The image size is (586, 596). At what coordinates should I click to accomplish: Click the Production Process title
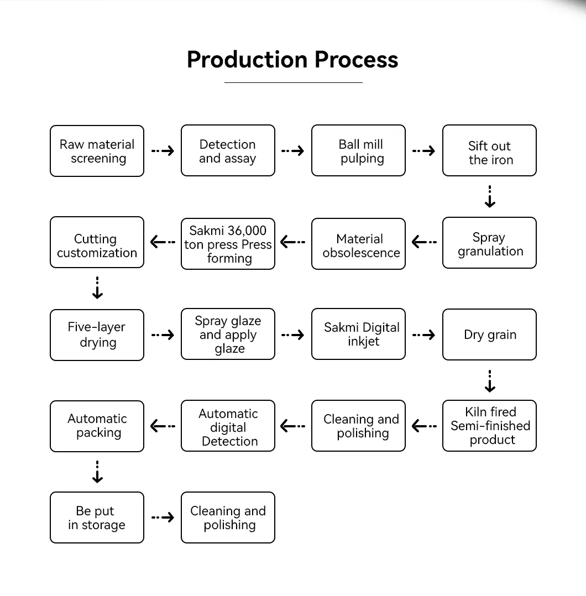(x=292, y=60)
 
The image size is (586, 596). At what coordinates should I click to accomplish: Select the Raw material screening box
(x=97, y=151)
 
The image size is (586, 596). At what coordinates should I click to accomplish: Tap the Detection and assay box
(x=228, y=151)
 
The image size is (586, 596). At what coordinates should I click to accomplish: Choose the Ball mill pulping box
(x=358, y=151)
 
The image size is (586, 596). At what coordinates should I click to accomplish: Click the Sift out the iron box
(x=489, y=151)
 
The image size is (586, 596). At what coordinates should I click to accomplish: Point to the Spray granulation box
(x=489, y=243)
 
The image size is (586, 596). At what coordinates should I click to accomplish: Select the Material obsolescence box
(x=358, y=244)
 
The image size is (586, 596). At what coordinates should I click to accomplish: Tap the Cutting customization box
(x=97, y=243)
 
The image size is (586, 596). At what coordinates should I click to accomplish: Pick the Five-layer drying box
(x=97, y=335)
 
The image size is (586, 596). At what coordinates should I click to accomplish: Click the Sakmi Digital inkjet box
(x=358, y=334)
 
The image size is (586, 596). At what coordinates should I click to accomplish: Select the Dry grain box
(x=489, y=334)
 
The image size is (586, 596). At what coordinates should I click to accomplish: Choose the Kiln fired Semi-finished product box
(x=489, y=426)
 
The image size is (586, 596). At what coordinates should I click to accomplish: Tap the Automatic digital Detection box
(x=228, y=426)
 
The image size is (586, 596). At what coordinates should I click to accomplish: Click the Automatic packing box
(x=97, y=426)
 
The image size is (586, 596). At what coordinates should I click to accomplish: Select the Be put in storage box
(x=97, y=517)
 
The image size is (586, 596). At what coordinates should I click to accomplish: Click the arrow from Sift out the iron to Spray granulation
(x=490, y=197)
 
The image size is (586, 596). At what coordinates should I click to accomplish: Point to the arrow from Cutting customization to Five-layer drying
(x=97, y=288)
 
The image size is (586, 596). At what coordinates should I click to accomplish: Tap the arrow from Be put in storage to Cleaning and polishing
(x=163, y=517)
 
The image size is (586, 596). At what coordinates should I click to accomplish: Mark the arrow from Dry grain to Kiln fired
(x=490, y=381)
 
